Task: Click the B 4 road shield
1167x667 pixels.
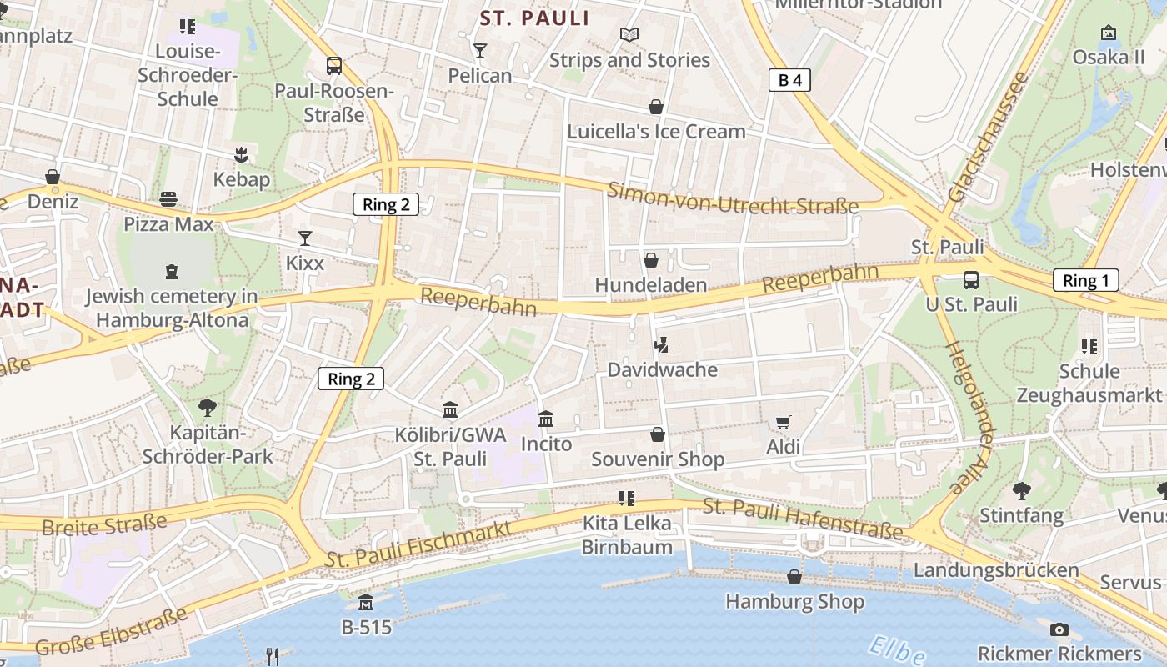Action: point(789,80)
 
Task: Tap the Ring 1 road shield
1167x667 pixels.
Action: point(1085,280)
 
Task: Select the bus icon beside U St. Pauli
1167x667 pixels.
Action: point(971,279)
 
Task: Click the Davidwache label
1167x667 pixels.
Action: point(662,369)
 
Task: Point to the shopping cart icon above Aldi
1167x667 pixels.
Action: point(783,423)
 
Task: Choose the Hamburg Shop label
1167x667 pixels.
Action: point(794,601)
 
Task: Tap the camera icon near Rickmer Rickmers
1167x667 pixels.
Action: point(1059,629)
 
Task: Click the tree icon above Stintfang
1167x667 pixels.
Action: point(1021,491)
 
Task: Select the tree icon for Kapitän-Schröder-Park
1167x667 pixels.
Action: point(208,408)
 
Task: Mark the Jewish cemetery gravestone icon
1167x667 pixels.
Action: point(172,272)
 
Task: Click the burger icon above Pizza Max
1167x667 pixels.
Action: point(168,199)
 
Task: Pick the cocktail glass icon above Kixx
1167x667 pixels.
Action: point(305,238)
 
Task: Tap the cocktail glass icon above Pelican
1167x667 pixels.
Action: point(479,51)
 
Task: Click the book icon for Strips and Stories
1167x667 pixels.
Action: point(629,35)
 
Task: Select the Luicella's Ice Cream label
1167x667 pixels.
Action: point(656,132)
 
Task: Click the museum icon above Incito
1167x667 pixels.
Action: point(546,419)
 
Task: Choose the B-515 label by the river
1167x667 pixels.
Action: point(366,627)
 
